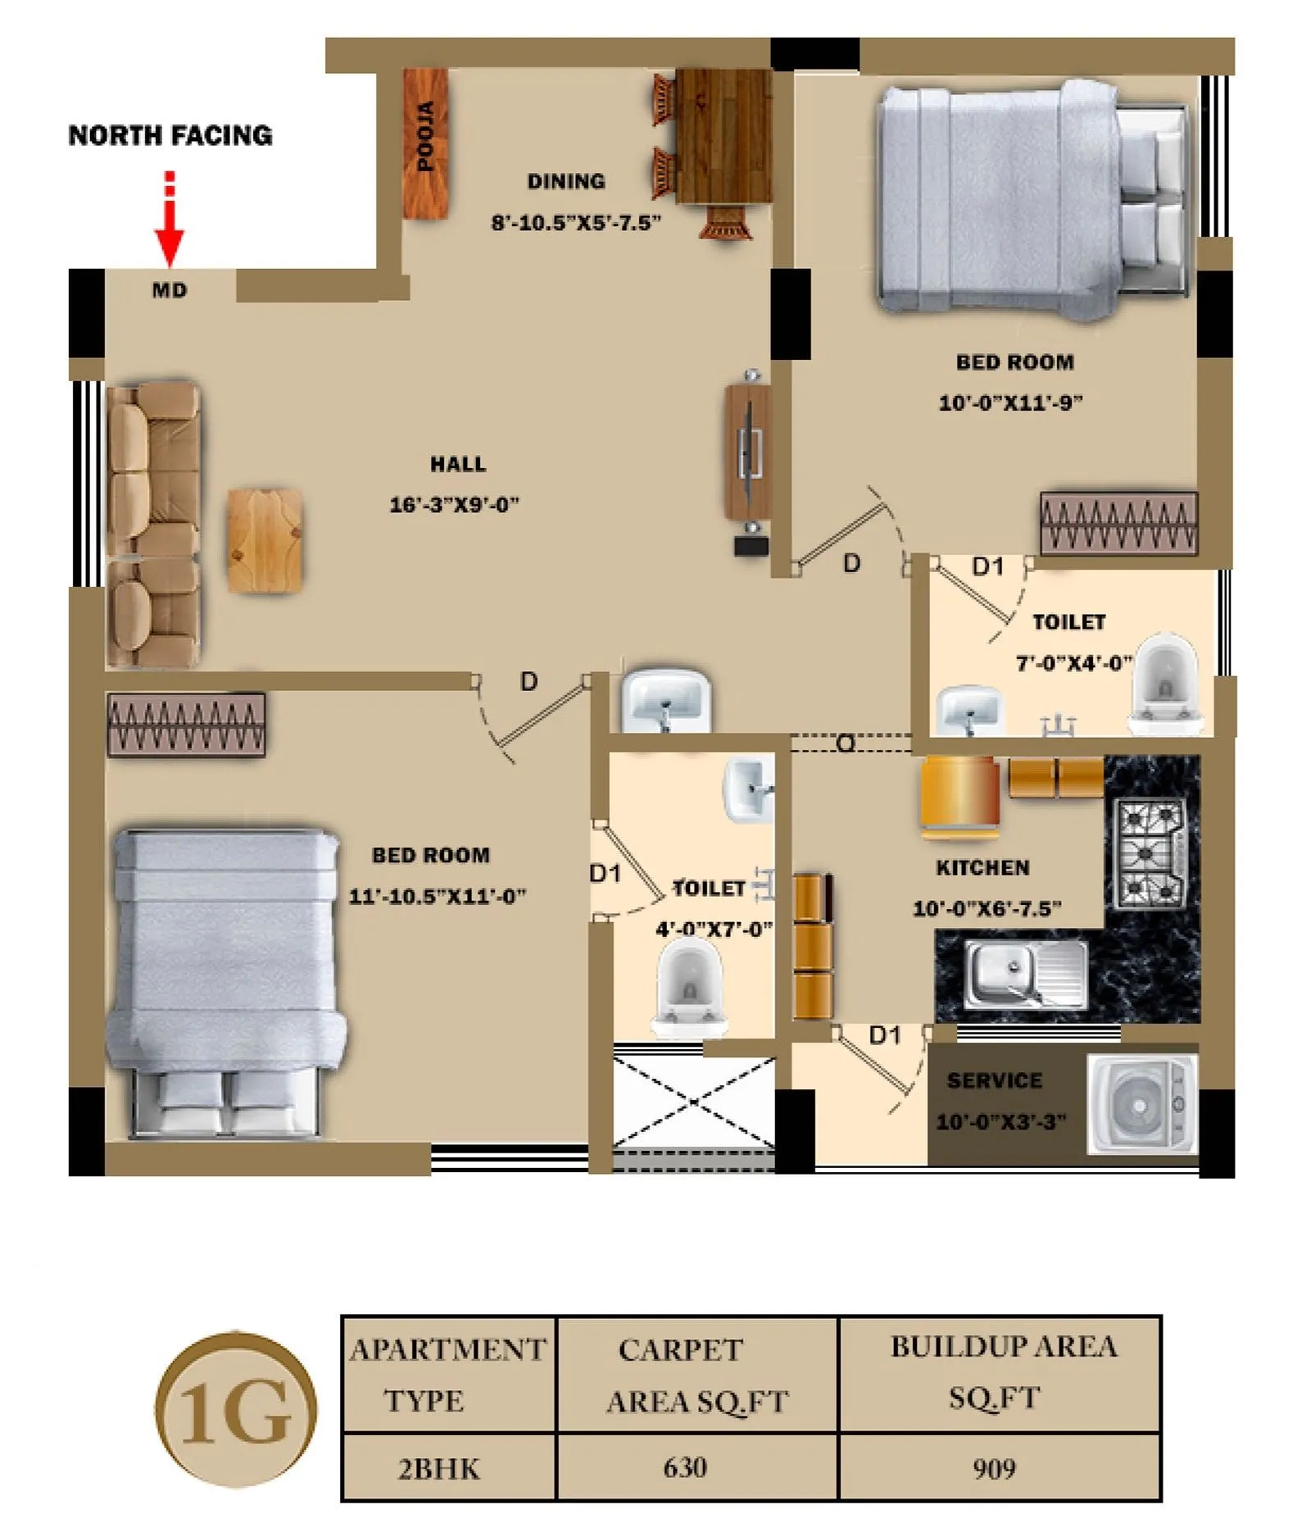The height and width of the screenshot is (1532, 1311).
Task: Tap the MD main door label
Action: click(170, 290)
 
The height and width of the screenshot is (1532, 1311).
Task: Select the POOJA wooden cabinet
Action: click(425, 143)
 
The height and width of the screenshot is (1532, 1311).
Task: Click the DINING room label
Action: click(565, 181)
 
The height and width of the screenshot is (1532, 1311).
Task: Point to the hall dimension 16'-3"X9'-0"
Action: click(454, 505)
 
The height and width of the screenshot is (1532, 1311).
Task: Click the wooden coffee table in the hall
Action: click(264, 540)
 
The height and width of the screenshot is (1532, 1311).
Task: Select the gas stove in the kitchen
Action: click(1150, 852)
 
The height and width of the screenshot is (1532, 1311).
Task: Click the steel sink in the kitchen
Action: click(1024, 974)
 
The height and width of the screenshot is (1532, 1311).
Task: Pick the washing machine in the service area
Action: click(1141, 1104)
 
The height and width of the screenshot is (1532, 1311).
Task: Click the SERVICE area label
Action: click(994, 1080)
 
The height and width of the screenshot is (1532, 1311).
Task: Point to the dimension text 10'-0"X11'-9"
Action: click(1009, 402)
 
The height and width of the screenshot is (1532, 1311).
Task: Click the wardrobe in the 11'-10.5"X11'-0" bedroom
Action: click(186, 725)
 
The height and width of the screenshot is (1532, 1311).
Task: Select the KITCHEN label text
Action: click(982, 867)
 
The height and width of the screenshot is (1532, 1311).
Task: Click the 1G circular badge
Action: click(235, 1411)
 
